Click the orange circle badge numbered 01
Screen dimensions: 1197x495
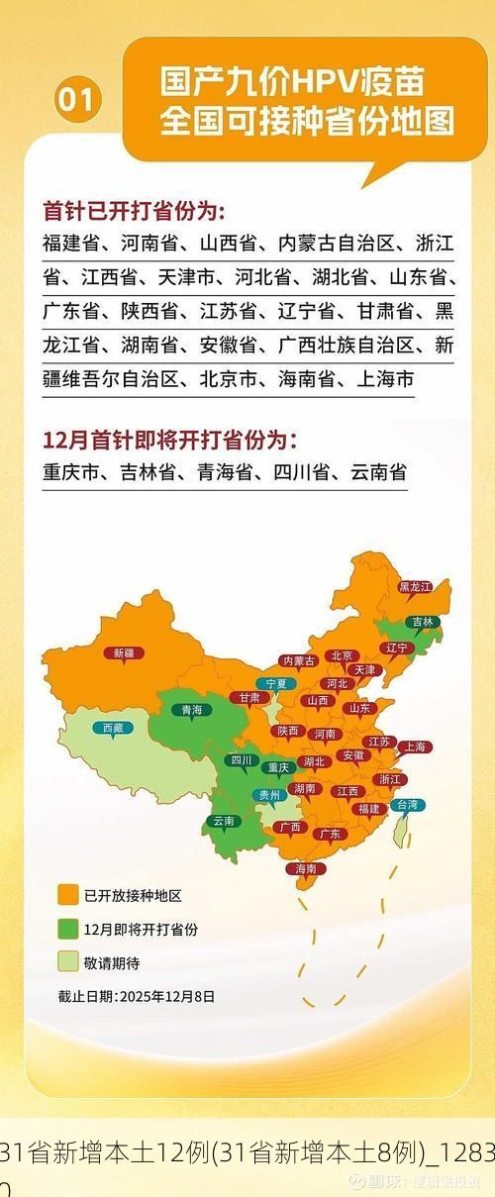tap(78, 100)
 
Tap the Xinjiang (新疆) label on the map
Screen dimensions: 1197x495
tap(124, 652)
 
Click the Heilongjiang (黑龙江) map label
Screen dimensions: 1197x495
tap(415, 586)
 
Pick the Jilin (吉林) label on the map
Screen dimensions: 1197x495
tap(423, 622)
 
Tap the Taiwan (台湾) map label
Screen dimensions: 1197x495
tap(407, 805)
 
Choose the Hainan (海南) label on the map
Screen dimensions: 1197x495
tap(305, 868)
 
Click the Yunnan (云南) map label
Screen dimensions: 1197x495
tap(224, 821)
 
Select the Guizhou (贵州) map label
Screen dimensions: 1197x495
tap(269, 794)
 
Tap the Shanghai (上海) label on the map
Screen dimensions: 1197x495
tap(414, 747)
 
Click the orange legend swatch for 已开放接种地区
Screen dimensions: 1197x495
tap(67, 896)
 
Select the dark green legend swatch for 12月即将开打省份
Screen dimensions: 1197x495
tap(67, 929)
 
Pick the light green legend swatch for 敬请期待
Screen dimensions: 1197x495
tap(67, 961)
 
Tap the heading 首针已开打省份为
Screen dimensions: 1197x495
tap(134, 211)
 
